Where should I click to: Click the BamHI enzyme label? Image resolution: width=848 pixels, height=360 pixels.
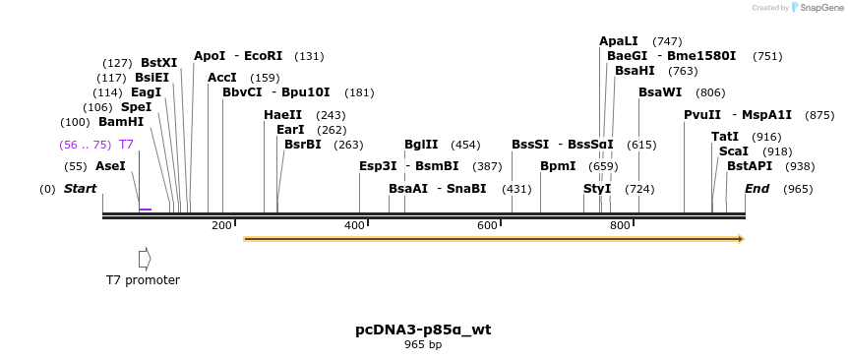tap(121, 122)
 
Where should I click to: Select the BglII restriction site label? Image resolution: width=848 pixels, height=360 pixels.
tap(421, 144)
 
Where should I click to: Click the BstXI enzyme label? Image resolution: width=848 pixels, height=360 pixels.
tap(159, 63)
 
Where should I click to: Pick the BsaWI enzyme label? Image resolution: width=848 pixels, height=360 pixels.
tap(660, 92)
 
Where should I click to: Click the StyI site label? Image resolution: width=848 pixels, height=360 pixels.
tap(597, 188)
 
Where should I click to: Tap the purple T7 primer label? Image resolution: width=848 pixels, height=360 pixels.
tap(126, 144)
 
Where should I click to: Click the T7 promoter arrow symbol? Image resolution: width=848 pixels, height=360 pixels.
tap(145, 259)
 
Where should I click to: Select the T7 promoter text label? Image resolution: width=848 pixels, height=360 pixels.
tap(143, 280)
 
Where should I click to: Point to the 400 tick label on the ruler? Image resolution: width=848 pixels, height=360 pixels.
tap(354, 225)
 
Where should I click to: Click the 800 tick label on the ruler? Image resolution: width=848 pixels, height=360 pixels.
tap(620, 225)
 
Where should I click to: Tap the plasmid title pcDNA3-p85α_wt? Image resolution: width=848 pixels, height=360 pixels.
tap(423, 330)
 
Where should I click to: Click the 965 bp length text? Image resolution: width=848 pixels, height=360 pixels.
tap(423, 344)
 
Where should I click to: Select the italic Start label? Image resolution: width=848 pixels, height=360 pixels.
tap(81, 188)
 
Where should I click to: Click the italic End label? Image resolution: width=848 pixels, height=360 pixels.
tap(757, 188)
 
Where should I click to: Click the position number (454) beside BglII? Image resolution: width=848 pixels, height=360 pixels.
tap(465, 145)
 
